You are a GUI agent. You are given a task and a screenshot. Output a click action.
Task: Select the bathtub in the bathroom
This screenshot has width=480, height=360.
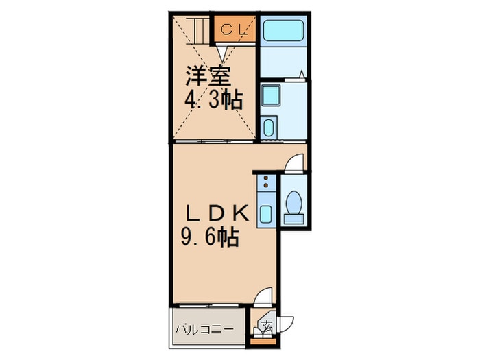[x=284, y=30]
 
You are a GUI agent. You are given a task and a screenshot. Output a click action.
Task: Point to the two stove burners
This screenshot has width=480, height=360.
[x=266, y=183]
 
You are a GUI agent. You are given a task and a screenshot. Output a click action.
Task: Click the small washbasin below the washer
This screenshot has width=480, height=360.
[x=269, y=128]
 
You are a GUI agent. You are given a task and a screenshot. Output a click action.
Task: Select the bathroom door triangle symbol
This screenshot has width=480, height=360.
[x=301, y=74]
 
